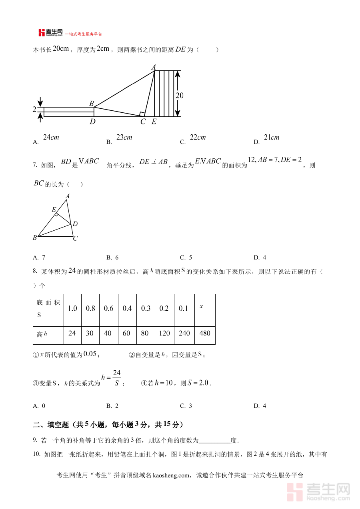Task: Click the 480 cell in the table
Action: tap(204, 333)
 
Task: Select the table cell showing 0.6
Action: tap(108, 308)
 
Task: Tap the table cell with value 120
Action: tap(164, 333)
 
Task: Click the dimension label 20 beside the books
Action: tap(180, 96)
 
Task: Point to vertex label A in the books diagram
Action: tap(153, 67)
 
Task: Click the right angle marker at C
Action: tap(142, 114)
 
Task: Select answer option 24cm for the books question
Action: tap(51, 138)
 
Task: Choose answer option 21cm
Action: tap(272, 138)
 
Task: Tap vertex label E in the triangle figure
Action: tap(54, 210)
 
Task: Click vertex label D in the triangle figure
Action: tap(75, 224)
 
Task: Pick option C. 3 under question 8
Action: tap(186, 406)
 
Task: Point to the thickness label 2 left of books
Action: tap(34, 109)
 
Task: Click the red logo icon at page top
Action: tap(42, 33)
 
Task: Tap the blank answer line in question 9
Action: tap(214, 441)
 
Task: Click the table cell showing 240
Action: tap(184, 333)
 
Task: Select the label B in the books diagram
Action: tap(91, 104)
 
